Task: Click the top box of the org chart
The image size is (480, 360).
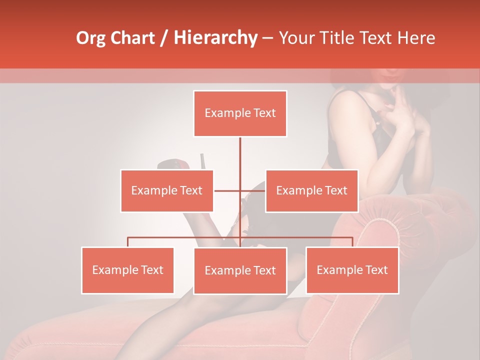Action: pyautogui.click(x=240, y=113)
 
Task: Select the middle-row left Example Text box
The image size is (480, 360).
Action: pyautogui.click(x=166, y=190)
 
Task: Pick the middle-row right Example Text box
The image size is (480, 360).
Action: pyautogui.click(x=311, y=190)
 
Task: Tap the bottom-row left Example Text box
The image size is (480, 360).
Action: pyautogui.click(x=127, y=270)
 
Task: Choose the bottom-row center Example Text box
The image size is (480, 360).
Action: pyautogui.click(x=240, y=270)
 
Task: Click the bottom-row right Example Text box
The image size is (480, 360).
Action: pyautogui.click(x=352, y=270)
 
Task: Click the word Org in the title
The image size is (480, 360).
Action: pyautogui.click(x=91, y=38)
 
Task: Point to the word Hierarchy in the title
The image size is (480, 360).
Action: pyautogui.click(x=215, y=38)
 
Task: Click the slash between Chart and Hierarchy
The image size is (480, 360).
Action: pyautogui.click(x=164, y=38)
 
